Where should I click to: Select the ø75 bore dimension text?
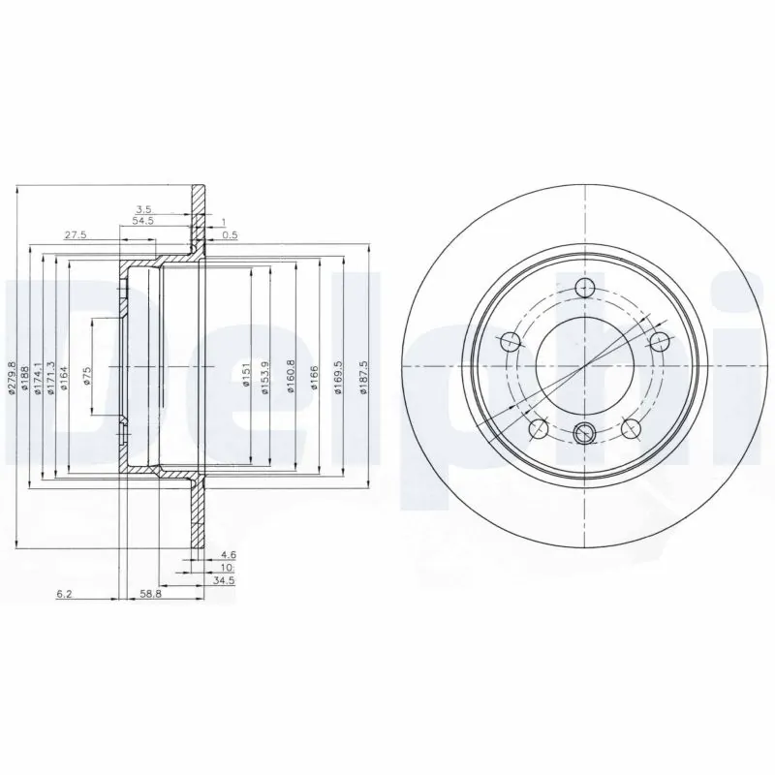click(x=86, y=378)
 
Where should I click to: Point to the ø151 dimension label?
click(x=246, y=372)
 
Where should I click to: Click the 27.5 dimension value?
click(x=76, y=234)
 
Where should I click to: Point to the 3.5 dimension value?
click(x=143, y=208)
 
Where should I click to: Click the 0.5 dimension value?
click(x=230, y=234)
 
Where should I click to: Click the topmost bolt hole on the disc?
click(x=585, y=288)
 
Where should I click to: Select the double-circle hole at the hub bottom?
click(x=585, y=434)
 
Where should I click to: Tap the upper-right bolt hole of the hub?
click(x=661, y=342)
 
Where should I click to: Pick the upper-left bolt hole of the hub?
click(x=510, y=341)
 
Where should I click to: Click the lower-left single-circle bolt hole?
click(x=538, y=429)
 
